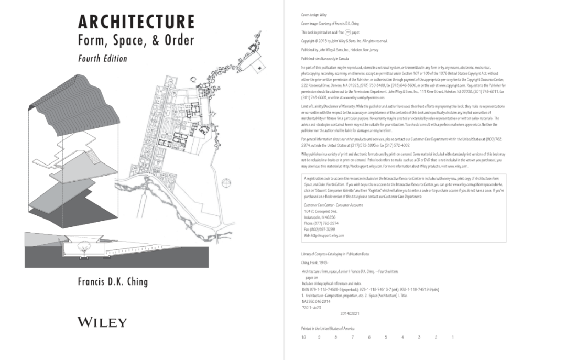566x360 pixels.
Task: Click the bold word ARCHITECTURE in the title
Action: [x=136, y=22]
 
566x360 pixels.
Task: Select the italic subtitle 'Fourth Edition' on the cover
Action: [x=102, y=58]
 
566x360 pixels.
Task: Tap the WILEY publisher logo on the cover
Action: [x=102, y=322]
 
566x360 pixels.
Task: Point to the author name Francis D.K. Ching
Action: [x=113, y=282]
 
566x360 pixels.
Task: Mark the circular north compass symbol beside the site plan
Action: [x=227, y=183]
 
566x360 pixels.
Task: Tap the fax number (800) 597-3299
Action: [x=317, y=230]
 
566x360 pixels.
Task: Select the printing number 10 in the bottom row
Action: [x=303, y=337]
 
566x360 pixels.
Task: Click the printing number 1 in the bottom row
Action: [x=452, y=337]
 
